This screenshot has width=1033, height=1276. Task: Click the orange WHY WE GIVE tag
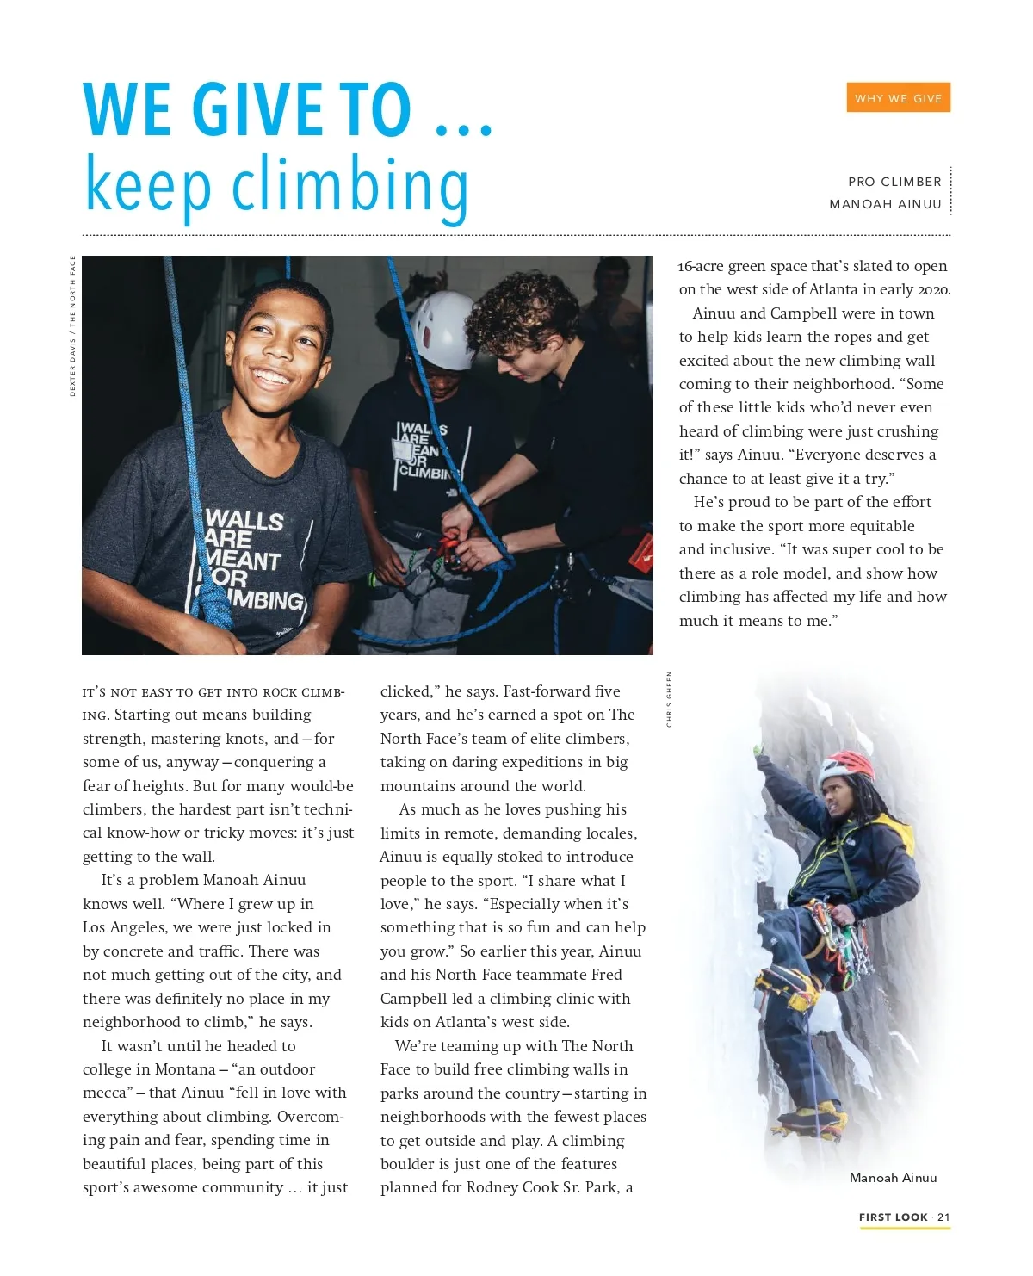pyautogui.click(x=898, y=98)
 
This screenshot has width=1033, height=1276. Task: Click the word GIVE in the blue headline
pyautogui.click(x=257, y=110)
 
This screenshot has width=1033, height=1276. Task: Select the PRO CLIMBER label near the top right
pyautogui.click(x=894, y=182)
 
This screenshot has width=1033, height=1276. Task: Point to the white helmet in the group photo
pyautogui.click(x=442, y=328)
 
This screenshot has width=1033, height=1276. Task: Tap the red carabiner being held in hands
pyautogui.click(x=448, y=548)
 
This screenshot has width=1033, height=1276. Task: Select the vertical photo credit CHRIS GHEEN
pyautogui.click(x=669, y=699)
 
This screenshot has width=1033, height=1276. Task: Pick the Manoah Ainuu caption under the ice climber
pyautogui.click(x=893, y=1178)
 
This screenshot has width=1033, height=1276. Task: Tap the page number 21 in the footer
pyautogui.click(x=943, y=1217)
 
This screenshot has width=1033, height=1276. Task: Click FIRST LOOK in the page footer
pyautogui.click(x=893, y=1217)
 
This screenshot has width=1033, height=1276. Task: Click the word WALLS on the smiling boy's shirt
pyautogui.click(x=244, y=520)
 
